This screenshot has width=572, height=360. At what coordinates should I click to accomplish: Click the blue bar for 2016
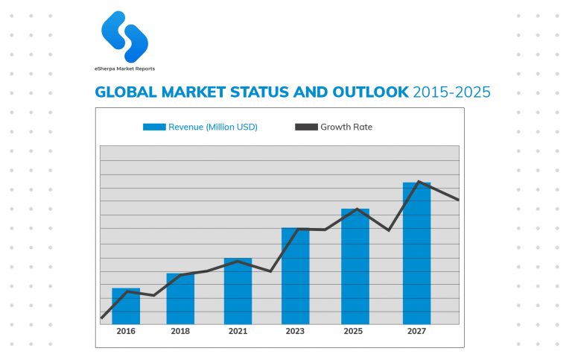point(126,306)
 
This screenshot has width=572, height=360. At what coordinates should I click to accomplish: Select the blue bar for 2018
point(180,299)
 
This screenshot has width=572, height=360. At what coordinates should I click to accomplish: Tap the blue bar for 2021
point(238,291)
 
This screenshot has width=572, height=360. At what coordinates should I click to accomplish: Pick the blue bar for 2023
point(296,276)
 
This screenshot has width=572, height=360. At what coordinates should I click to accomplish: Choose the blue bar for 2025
point(355,267)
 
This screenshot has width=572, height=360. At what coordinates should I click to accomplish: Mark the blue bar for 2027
point(416,253)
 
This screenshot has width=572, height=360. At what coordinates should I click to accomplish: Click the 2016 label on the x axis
point(126,331)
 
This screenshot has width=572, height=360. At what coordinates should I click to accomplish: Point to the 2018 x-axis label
point(180,331)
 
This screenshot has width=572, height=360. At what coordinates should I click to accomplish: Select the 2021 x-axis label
point(238,331)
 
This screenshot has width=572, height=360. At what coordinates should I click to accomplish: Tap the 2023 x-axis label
point(296,331)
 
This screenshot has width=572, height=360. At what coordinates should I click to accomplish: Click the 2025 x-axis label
point(355,331)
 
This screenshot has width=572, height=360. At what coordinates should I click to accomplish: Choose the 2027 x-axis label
point(416,331)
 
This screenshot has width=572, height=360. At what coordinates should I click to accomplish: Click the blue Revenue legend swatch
point(154,127)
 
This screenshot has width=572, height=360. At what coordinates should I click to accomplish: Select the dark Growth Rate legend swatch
point(306,127)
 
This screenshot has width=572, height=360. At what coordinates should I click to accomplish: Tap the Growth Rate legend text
point(346,127)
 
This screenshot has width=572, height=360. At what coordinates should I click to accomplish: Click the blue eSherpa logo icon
point(125,37)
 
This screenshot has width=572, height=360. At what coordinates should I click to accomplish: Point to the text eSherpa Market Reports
point(125,69)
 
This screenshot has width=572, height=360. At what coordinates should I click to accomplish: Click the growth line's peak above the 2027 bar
point(419,181)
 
